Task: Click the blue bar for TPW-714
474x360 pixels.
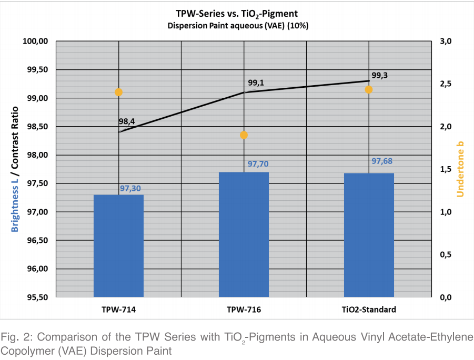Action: coord(118,246)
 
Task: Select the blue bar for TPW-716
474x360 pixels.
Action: coord(244,234)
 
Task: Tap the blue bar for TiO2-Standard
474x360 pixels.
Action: coord(369,235)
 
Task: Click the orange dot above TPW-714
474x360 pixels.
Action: coord(118,92)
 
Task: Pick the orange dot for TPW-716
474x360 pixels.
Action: coord(244,135)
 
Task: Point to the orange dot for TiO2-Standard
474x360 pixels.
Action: coord(369,89)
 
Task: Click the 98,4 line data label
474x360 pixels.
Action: coord(126,122)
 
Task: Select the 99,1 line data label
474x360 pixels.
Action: coord(256,83)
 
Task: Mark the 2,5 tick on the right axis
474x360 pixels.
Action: coord(446,84)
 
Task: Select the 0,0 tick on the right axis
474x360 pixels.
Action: coord(446,297)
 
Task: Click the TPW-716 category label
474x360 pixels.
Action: coord(244,310)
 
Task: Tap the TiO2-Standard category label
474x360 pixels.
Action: coord(369,310)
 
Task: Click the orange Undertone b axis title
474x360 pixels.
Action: coord(460,169)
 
